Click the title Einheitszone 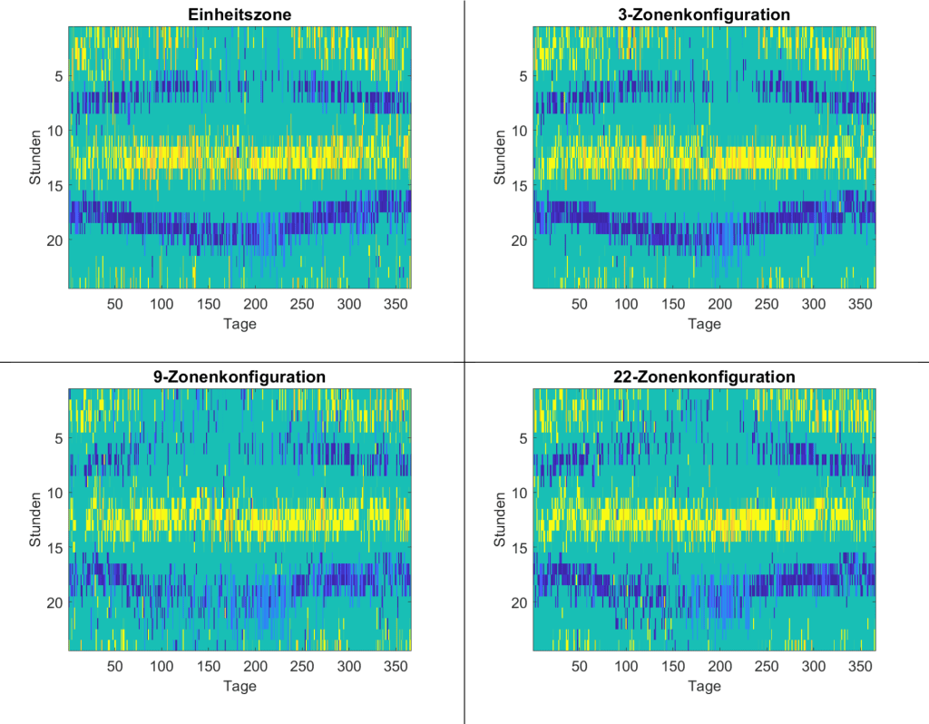point(240,15)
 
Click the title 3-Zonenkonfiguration point(704,15)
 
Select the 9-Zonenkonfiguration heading point(240,377)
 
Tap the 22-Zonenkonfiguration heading point(704,377)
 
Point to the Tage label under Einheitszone point(240,324)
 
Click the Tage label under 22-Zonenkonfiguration point(704,686)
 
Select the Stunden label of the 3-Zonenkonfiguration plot point(500,158)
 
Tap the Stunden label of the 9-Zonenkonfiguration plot point(35,520)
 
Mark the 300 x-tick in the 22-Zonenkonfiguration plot point(814,666)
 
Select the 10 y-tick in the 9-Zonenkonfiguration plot point(54,493)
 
